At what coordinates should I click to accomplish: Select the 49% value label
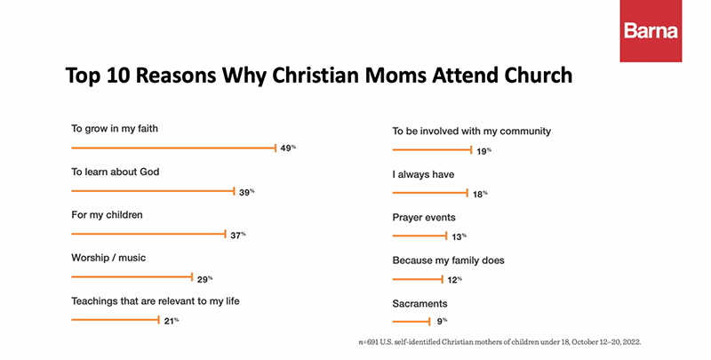pyautogui.click(x=288, y=148)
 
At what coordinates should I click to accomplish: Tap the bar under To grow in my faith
pyautogui.click(x=173, y=148)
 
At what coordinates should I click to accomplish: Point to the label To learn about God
pyautogui.click(x=115, y=171)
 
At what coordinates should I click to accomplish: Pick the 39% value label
pyautogui.click(x=246, y=191)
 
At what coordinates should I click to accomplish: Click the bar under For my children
pyautogui.click(x=148, y=234)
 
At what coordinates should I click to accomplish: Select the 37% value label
pyautogui.click(x=237, y=235)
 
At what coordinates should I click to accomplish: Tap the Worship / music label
pyautogui.click(x=108, y=258)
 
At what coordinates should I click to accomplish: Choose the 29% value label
pyautogui.click(x=204, y=278)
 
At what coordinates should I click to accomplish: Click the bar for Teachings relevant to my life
pyautogui.click(x=115, y=320)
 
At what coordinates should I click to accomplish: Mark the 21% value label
pyautogui.click(x=171, y=321)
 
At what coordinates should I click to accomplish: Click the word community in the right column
pyautogui.click(x=522, y=132)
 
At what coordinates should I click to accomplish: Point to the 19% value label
pyautogui.click(x=483, y=152)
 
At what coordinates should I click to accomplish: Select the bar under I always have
pyautogui.click(x=430, y=193)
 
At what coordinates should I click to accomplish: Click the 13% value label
pyautogui.click(x=458, y=236)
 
